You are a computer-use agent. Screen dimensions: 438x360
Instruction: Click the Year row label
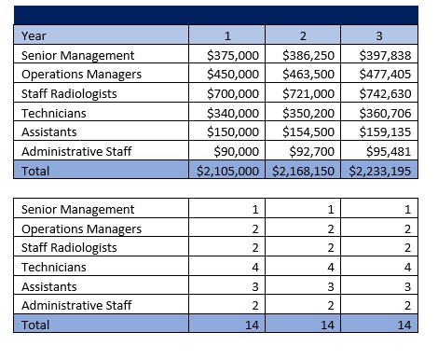[x=34, y=36]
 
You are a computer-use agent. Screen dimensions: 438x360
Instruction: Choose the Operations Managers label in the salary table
[x=82, y=75]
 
